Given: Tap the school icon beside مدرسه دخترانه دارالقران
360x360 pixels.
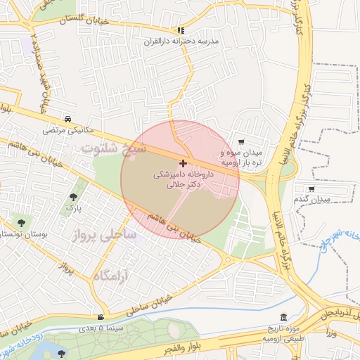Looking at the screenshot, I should pos(181,30).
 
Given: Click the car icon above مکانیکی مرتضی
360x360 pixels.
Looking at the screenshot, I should pos(67,119).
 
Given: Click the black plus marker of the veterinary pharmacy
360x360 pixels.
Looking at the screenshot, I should pos(184,162).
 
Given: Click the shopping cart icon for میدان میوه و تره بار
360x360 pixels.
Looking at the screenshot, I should pos(242,141).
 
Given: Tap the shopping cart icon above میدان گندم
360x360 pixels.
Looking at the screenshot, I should pos(312,188).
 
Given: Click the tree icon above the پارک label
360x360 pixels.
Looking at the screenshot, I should pos(74,198).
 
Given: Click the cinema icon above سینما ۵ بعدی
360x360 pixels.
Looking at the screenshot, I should pos(102,317).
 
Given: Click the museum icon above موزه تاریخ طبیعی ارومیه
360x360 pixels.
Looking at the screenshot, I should pos(283,317).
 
